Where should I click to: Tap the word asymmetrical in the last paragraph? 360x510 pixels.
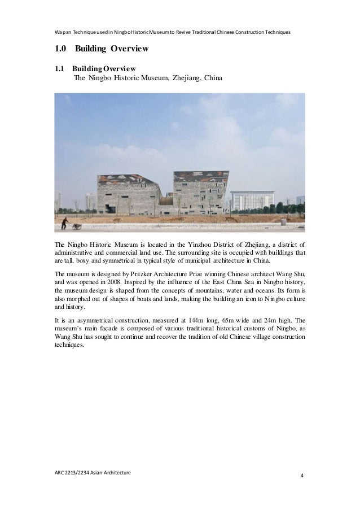(87, 319)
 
